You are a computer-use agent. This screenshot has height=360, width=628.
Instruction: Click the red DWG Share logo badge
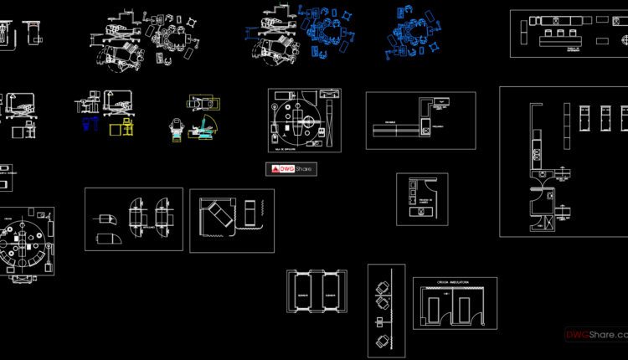click(x=290, y=169)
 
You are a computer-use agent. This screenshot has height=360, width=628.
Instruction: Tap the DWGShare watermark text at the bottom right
click(x=595, y=335)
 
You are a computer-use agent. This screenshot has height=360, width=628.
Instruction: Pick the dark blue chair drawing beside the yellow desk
click(x=88, y=125)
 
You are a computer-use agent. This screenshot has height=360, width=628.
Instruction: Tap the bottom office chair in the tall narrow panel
click(x=383, y=339)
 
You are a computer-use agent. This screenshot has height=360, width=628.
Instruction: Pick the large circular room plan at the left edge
click(x=25, y=243)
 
